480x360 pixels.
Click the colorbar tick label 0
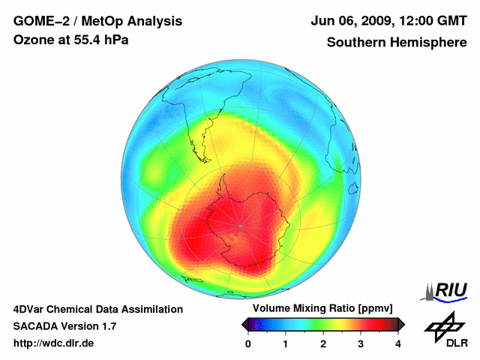(x=248, y=343)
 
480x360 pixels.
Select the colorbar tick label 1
(x=286, y=343)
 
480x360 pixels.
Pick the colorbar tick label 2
(x=323, y=343)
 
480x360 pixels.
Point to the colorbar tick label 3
(x=361, y=343)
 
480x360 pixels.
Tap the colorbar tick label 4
(x=398, y=343)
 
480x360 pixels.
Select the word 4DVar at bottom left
(x=33, y=309)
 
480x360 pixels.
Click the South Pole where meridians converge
(x=240, y=225)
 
